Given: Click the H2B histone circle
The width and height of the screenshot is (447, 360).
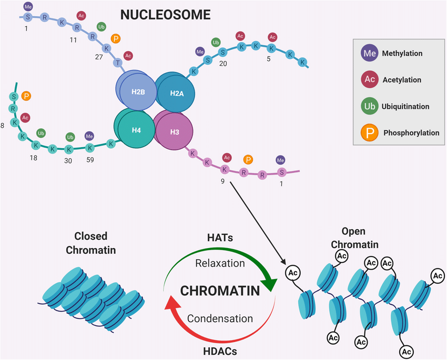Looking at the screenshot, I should click(138, 92).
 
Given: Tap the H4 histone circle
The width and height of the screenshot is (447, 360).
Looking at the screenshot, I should click(136, 129).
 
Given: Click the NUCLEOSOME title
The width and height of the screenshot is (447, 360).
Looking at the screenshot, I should click(165, 15).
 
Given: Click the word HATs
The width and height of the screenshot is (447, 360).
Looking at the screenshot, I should click(220, 238).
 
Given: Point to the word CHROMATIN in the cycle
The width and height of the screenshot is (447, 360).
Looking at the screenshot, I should click(220, 291).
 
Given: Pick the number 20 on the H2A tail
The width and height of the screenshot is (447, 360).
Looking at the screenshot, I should click(222, 63).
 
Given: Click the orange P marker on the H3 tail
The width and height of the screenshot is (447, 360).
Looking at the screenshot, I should click(248, 159).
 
